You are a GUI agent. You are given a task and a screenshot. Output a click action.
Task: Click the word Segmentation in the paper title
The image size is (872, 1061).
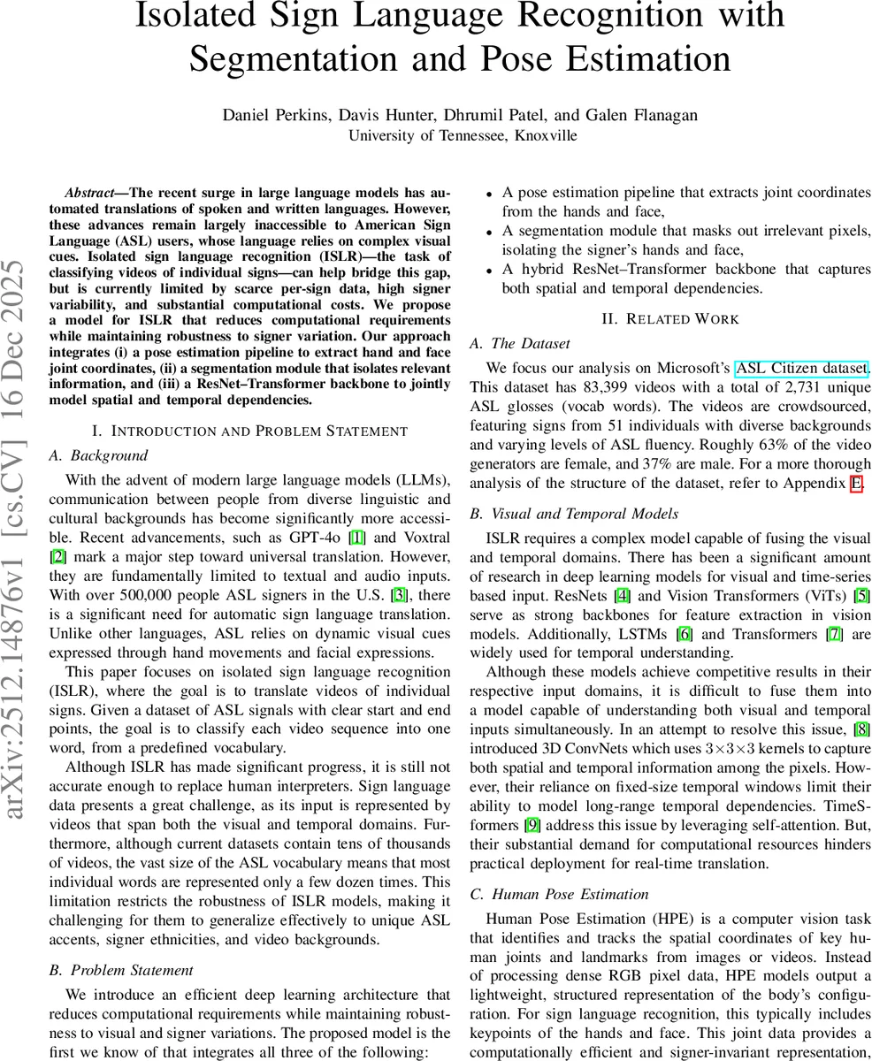[x=297, y=59]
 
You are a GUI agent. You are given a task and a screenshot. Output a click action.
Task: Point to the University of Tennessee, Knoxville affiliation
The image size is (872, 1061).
[x=463, y=135]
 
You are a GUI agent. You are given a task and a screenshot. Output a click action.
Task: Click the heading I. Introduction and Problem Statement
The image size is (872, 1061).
[x=249, y=431]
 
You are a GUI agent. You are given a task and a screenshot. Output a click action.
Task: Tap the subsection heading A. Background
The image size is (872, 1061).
[x=98, y=455]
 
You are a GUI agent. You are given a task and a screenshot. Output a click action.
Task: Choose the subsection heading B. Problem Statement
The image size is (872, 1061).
[x=121, y=971]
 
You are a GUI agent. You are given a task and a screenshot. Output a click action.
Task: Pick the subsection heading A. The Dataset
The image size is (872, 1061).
[x=520, y=343]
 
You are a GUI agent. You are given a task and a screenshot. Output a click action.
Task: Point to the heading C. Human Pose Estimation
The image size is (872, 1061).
[x=559, y=895]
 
